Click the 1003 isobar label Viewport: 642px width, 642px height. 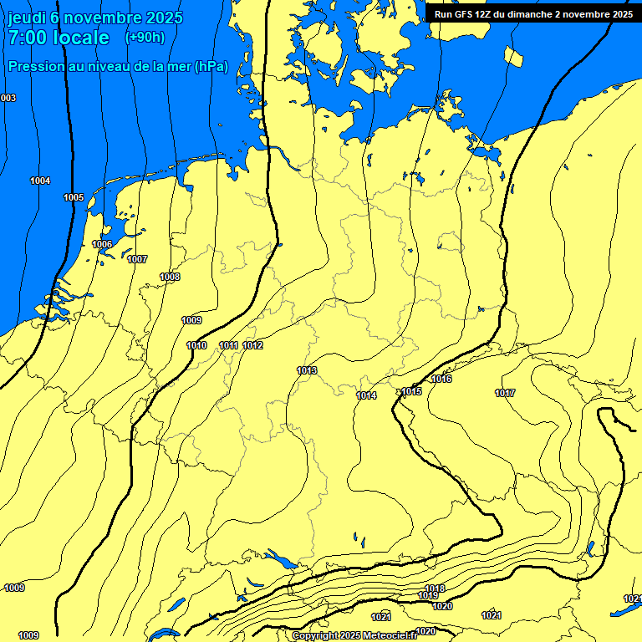click(8, 99)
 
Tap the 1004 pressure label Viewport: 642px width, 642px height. click(39, 181)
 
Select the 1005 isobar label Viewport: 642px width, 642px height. click(74, 197)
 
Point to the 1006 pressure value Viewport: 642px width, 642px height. click(102, 244)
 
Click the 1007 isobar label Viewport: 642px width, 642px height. click(137, 259)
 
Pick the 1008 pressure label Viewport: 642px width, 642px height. click(170, 277)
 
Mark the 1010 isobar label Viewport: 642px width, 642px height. click(196, 345)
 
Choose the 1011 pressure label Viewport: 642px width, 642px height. click(228, 345)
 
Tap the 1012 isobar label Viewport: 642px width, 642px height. click(252, 345)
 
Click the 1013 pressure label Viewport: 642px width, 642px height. click(307, 370)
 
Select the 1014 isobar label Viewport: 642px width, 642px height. click(366, 395)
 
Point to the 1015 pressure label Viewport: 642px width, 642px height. click(411, 391)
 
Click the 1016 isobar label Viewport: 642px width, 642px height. click(441, 380)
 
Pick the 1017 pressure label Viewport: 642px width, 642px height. click(505, 393)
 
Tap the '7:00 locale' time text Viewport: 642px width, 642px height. click(59, 38)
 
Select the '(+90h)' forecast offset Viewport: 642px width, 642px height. click(145, 38)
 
